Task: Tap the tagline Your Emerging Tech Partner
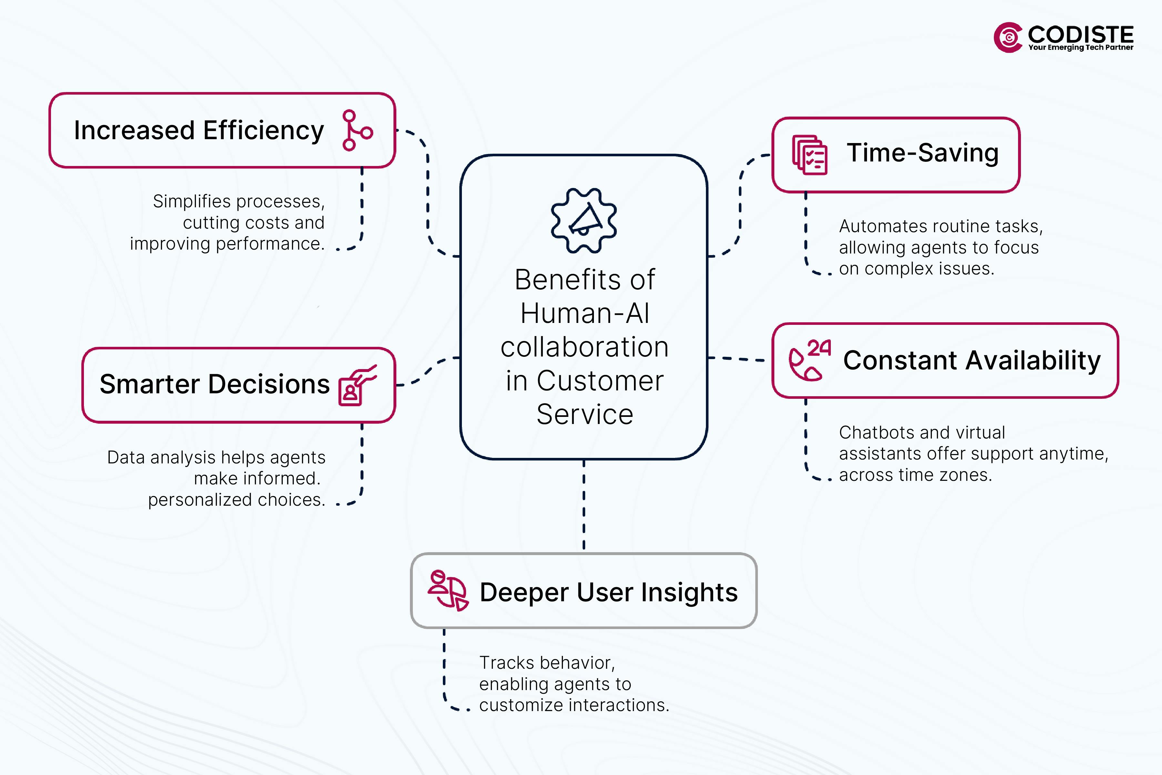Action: [x=1080, y=47]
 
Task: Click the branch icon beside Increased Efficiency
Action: [x=357, y=130]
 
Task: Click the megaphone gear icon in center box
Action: [x=584, y=221]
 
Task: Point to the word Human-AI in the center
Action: [x=585, y=313]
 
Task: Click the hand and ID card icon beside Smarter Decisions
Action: [x=357, y=386]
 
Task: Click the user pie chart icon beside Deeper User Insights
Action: [x=448, y=591]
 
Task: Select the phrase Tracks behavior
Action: [x=546, y=663]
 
